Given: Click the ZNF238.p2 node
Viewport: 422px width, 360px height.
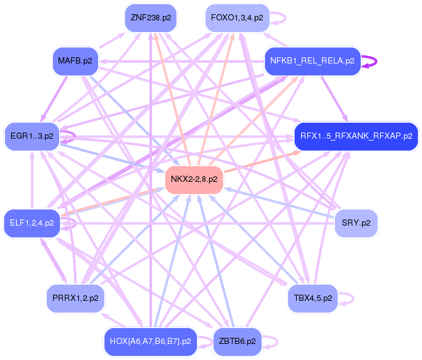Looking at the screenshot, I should (x=151, y=18).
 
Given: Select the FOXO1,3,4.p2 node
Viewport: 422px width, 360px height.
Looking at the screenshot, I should (x=237, y=18).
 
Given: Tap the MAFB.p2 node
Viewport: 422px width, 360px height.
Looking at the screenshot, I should (x=75, y=61).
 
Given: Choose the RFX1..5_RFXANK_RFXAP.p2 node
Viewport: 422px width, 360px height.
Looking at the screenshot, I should (x=356, y=136).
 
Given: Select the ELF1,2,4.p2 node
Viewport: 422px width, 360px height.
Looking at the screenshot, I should (x=32, y=223).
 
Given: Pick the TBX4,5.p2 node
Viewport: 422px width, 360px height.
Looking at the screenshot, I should (x=313, y=298).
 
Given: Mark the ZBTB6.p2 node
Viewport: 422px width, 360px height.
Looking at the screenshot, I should (x=238, y=341).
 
